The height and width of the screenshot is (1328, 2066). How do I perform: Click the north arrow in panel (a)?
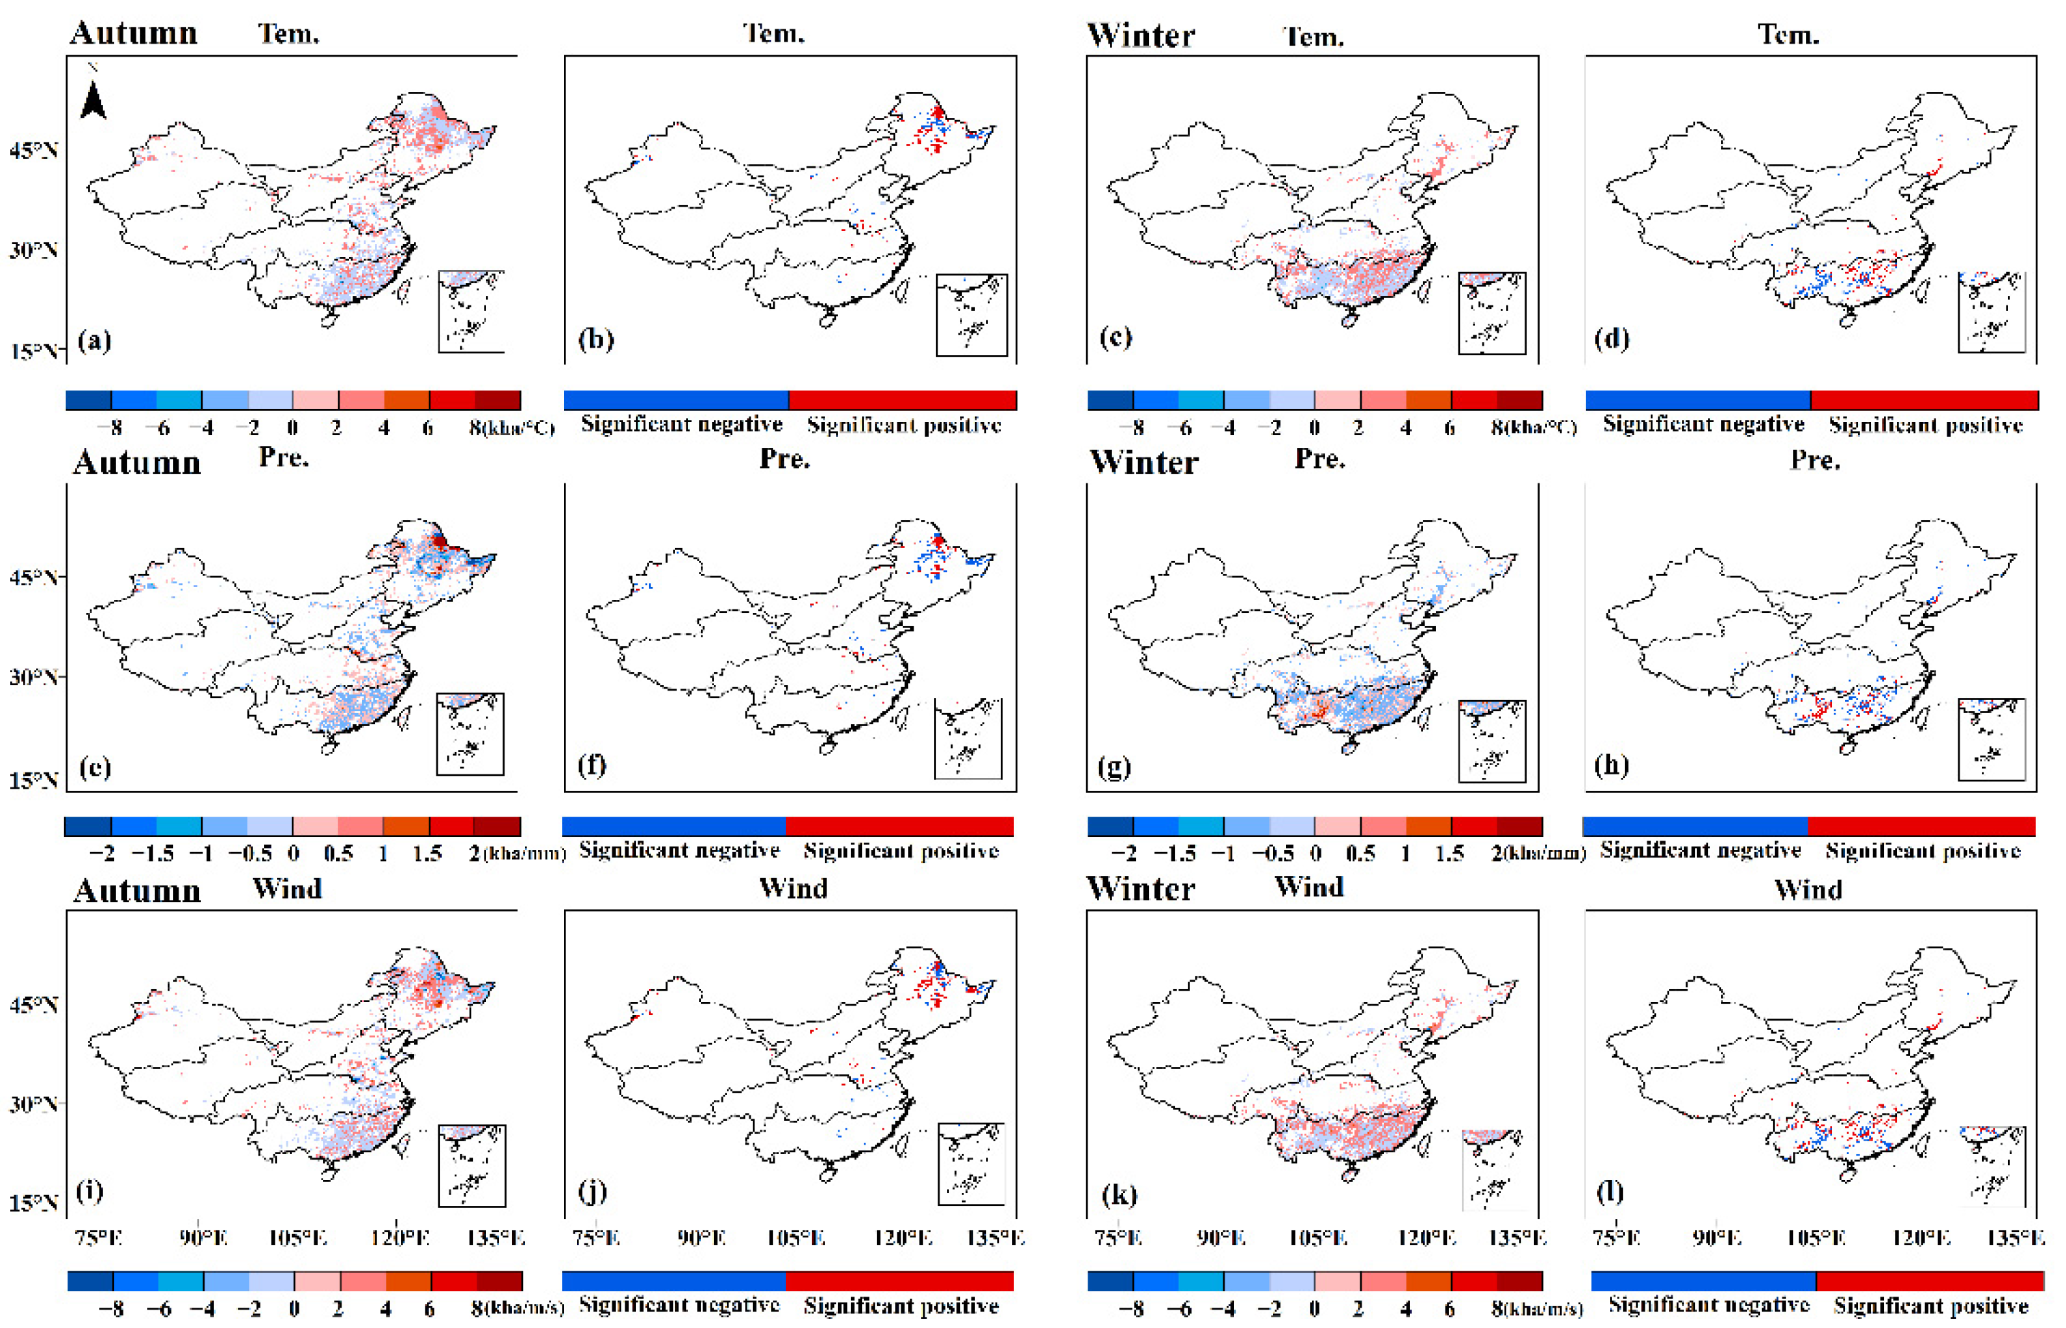click(x=93, y=97)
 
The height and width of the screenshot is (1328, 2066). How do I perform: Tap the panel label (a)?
click(x=94, y=341)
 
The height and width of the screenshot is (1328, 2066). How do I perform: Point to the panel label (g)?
click(x=1114, y=766)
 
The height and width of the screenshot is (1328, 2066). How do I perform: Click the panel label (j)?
click(x=593, y=1192)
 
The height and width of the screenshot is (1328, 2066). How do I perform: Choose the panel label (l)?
click(x=1609, y=1192)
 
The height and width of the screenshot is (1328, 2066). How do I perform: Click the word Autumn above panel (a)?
click(x=134, y=33)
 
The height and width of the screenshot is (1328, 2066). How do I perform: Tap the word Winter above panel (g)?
click(x=1143, y=462)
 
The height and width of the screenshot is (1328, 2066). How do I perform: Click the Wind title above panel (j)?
click(x=792, y=888)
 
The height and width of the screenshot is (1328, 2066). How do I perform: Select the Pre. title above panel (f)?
click(x=784, y=459)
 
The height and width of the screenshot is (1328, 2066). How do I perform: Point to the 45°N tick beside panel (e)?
click(x=33, y=577)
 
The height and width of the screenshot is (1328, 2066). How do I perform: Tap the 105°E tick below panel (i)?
click(x=297, y=1238)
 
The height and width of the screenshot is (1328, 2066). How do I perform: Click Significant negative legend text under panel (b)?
click(x=681, y=424)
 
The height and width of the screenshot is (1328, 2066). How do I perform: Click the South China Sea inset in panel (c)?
click(x=1492, y=313)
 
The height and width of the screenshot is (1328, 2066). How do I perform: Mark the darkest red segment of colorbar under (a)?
click(x=498, y=400)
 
